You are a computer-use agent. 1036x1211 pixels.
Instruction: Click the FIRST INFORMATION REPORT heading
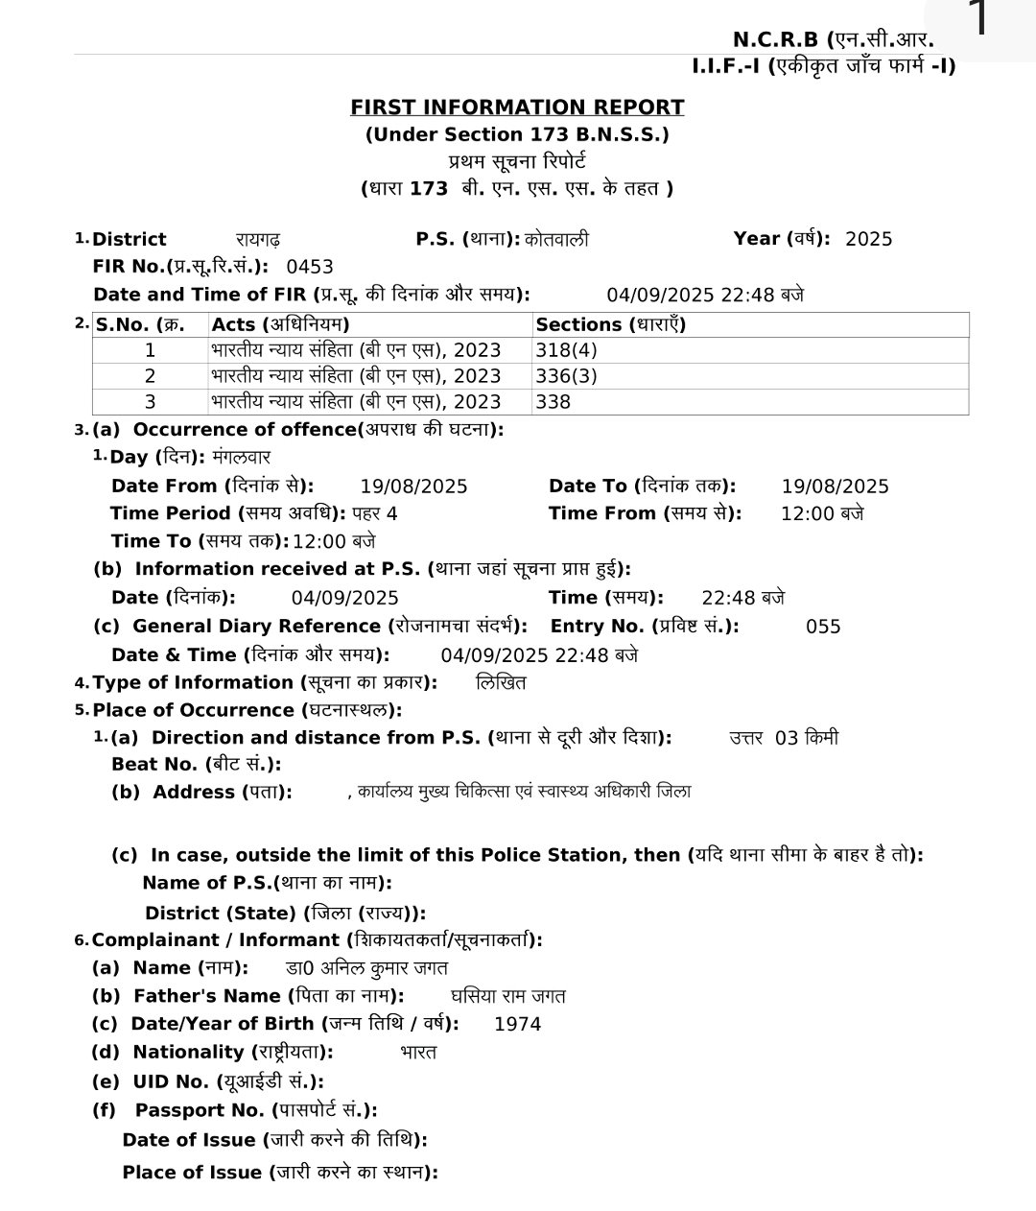tap(517, 107)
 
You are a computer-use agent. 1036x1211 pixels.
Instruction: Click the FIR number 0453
tap(309, 267)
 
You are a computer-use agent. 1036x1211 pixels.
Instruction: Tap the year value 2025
tap(868, 239)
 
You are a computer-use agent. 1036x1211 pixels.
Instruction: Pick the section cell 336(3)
tap(566, 376)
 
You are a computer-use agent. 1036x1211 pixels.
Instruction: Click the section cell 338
tap(553, 402)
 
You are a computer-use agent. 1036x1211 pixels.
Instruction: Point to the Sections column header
tap(610, 324)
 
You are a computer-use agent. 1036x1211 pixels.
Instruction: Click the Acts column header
tap(280, 324)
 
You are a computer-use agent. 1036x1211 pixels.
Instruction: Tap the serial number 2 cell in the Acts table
tap(150, 376)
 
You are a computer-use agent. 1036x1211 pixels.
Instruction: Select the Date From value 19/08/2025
tap(413, 487)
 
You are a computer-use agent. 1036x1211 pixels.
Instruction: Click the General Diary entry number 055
tap(823, 627)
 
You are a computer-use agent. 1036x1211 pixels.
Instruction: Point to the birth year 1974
tap(517, 1024)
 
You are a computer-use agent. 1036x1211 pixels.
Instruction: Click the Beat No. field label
tap(196, 765)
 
